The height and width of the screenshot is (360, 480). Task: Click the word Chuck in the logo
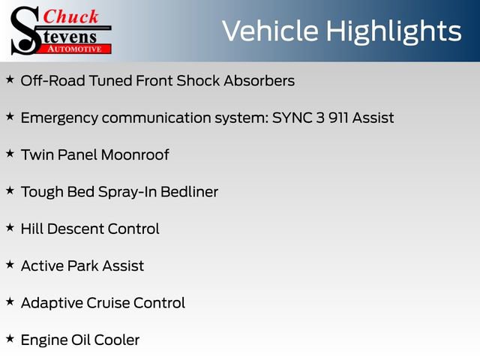click(70, 16)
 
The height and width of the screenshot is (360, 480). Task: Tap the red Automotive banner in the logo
click(74, 49)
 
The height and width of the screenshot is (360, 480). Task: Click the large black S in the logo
click(25, 31)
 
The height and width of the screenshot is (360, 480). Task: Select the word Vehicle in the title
click(270, 31)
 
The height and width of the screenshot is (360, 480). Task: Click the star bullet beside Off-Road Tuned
click(10, 79)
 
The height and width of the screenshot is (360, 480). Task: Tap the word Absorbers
click(259, 81)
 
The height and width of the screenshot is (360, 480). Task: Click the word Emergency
click(59, 118)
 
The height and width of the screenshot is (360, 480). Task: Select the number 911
click(338, 118)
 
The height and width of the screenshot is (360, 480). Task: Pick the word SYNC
click(292, 118)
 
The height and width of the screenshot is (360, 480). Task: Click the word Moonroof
click(135, 155)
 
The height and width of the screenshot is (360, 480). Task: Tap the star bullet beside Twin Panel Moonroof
click(10, 153)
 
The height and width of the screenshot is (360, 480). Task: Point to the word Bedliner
click(189, 192)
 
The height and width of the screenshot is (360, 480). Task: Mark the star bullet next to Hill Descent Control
click(10, 227)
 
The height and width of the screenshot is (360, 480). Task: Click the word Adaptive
click(52, 304)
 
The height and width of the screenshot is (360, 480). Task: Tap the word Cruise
click(108, 303)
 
